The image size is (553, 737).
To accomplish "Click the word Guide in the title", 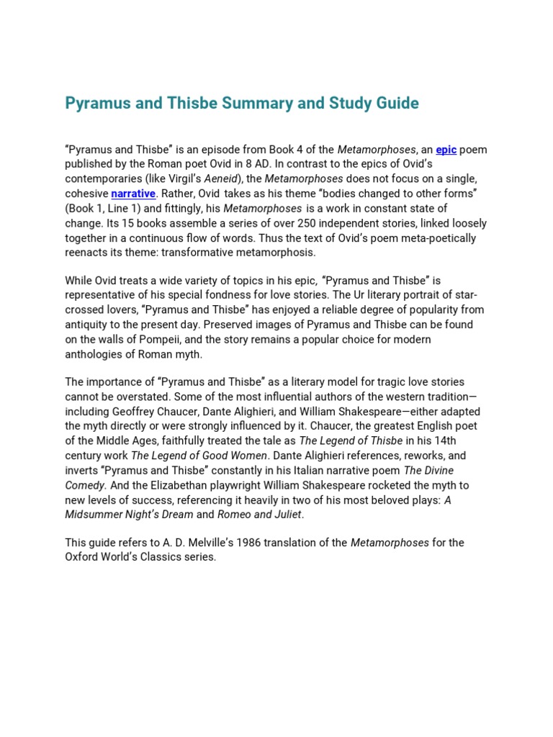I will pos(395,103).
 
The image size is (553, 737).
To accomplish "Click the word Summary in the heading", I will pos(258,103).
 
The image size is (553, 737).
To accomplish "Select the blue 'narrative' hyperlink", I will pos(134,194).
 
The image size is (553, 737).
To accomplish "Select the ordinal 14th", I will pos(448,440).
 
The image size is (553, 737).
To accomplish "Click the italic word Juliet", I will pos(284,514).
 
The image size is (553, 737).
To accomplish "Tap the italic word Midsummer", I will pos(94,514).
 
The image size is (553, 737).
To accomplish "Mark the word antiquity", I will pos(88,325).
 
